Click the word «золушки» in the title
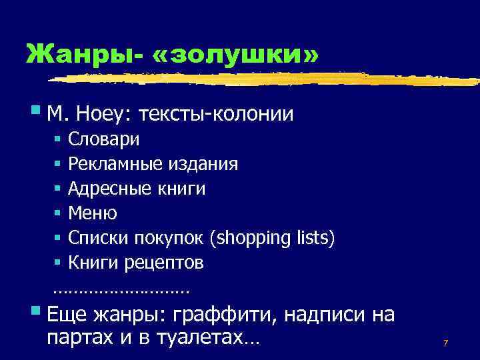[236, 54]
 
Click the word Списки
[95, 238]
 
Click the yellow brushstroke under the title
[267, 79]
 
